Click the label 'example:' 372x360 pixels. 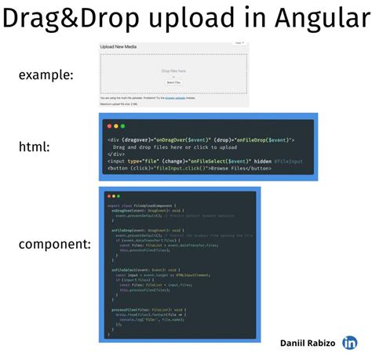click(x=46, y=75)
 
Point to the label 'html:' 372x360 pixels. click(x=35, y=147)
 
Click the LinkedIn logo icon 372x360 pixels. click(x=350, y=342)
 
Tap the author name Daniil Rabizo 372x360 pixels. click(x=308, y=343)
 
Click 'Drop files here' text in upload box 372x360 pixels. click(x=173, y=71)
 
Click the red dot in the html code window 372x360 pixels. click(x=108, y=125)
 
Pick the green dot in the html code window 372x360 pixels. click(x=122, y=125)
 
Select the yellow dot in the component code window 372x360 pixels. click(x=112, y=195)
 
